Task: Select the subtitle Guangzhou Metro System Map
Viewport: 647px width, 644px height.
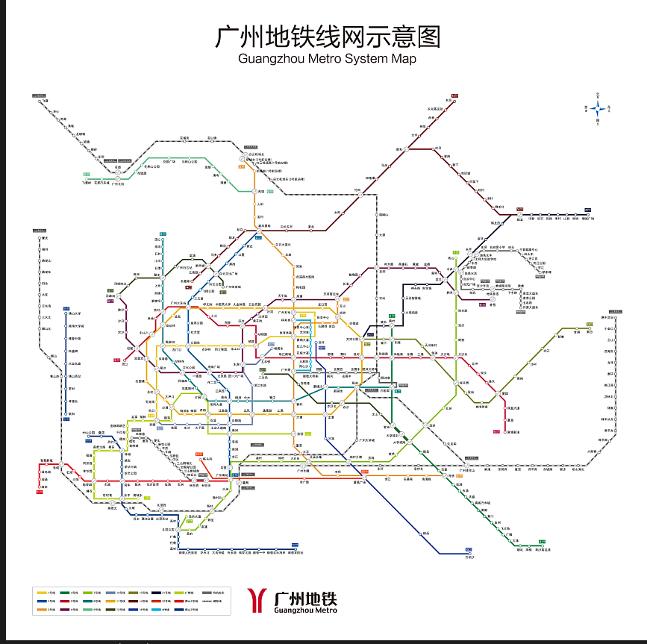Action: pos(326,59)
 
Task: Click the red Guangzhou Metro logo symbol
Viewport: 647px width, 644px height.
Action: pos(258,600)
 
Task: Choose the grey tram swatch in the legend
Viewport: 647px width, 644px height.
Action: pos(207,593)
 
